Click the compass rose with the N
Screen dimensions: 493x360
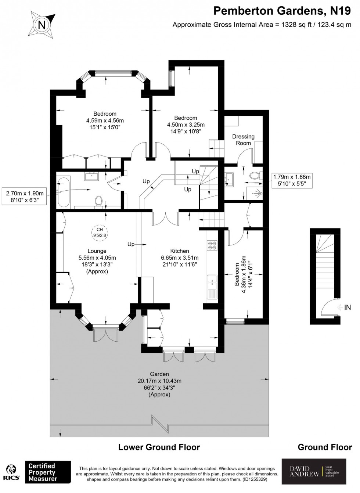43,25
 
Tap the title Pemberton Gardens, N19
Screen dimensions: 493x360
282,11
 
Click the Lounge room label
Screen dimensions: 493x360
97,251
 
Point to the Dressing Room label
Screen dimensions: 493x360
243,140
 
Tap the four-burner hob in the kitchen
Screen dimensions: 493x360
212,245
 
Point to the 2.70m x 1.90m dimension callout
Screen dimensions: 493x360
25,197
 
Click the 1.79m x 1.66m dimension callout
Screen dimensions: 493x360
292,180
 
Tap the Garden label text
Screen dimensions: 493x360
159,374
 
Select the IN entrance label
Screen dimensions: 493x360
347,307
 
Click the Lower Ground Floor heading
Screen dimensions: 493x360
159,447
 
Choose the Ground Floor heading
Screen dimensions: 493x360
325,447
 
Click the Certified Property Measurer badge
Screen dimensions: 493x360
47,472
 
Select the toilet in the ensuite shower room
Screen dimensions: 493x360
255,176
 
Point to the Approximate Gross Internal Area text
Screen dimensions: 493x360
262,25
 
